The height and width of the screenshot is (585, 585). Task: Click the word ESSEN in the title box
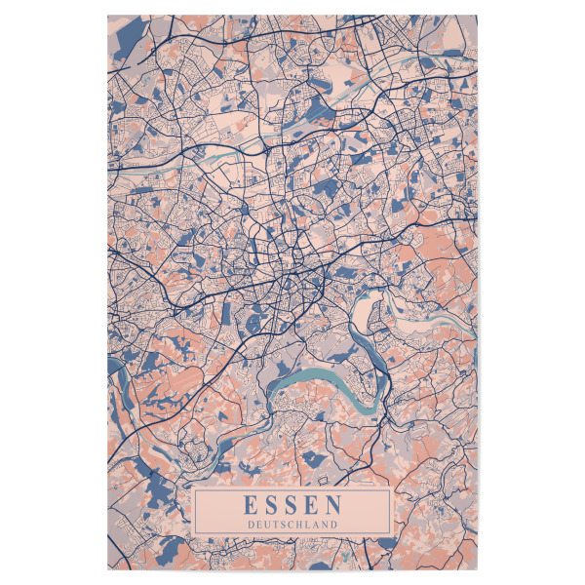(292, 506)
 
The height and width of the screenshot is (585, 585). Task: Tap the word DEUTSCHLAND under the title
(292, 525)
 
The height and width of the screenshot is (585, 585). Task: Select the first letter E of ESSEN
(251, 506)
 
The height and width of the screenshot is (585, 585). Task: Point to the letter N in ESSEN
(333, 506)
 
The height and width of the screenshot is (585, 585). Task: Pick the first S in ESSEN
(272, 506)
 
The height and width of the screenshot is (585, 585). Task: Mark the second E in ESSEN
(312, 506)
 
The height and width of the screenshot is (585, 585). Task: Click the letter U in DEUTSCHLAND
(266, 525)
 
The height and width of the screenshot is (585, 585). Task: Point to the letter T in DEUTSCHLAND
(274, 525)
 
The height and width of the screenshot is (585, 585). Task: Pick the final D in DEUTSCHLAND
(334, 525)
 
